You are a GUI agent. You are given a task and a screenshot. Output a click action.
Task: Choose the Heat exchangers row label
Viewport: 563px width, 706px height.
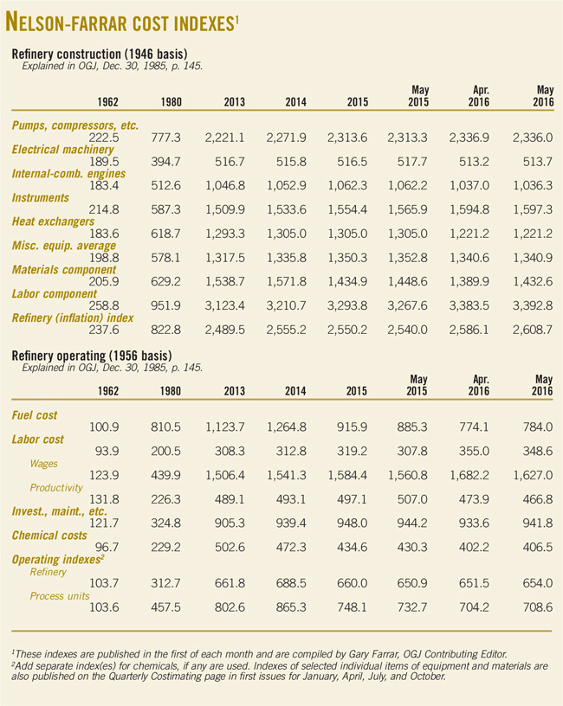[54, 222]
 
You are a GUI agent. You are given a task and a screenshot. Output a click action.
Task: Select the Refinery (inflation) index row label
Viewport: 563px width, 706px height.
[76, 318]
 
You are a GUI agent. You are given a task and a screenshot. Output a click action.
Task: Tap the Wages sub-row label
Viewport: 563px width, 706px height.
[43, 463]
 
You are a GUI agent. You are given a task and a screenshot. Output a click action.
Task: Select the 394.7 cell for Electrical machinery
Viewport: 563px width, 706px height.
[178, 161]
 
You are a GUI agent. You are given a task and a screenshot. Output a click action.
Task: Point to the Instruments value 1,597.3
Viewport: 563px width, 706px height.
[529, 209]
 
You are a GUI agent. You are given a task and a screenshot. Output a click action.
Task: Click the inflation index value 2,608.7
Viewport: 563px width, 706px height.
[529, 330]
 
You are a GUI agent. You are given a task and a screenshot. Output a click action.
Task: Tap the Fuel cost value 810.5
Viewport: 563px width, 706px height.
[178, 427]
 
